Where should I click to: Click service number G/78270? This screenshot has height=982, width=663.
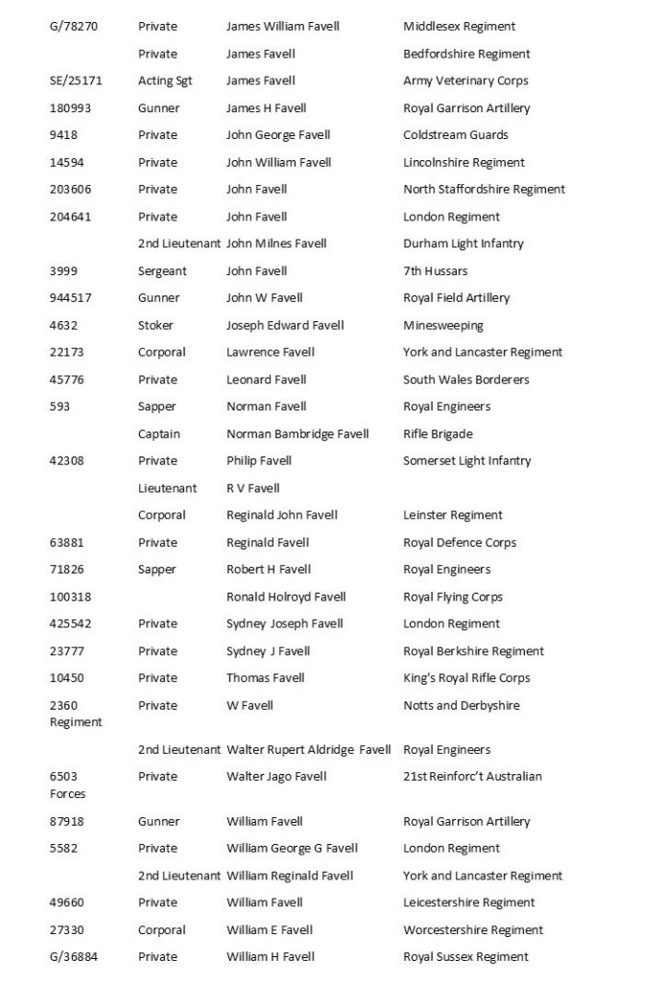tap(73, 26)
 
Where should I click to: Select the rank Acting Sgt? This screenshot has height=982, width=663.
tap(165, 81)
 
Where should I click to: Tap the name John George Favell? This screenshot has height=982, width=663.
tap(278, 135)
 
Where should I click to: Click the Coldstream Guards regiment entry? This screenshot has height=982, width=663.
tap(456, 135)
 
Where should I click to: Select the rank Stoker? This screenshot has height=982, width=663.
tap(156, 325)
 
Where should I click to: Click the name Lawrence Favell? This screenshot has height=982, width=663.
tap(271, 352)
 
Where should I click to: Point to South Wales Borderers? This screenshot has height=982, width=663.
tap(465, 380)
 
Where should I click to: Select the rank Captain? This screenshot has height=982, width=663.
tap(159, 433)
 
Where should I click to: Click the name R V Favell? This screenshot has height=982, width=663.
tap(253, 488)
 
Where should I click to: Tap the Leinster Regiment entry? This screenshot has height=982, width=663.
tap(453, 515)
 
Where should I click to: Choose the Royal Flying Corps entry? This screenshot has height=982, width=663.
tap(453, 596)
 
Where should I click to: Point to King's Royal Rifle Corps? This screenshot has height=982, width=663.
tap(466, 678)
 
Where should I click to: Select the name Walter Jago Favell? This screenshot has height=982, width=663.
tap(276, 776)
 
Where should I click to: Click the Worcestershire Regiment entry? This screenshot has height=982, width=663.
tap(473, 929)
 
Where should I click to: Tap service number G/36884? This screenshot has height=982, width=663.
tap(73, 956)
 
